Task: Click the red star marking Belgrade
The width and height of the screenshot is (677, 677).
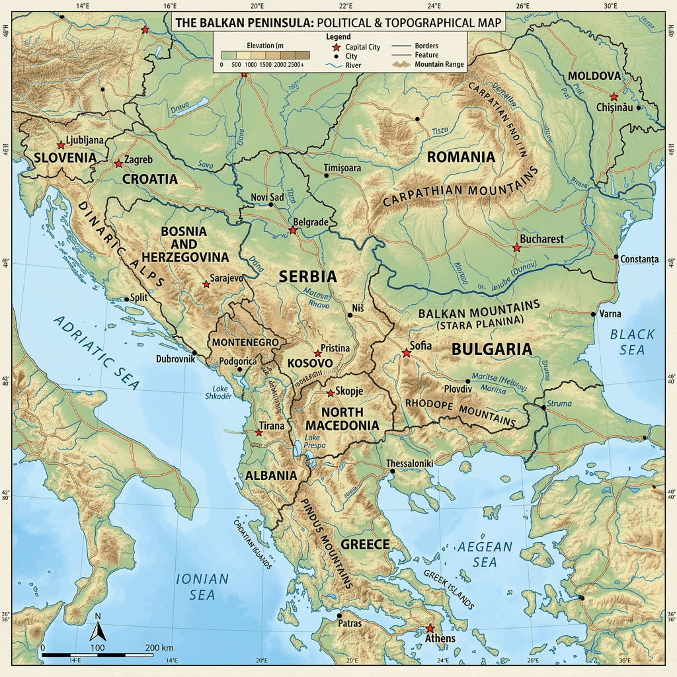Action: coord(293,231)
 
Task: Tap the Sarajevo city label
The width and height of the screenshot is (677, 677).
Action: coord(226,278)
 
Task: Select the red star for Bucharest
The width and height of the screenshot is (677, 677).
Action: coord(517,247)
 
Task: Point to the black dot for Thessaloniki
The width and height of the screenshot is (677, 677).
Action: coord(392,471)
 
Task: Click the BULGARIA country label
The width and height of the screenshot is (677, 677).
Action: coord(491,349)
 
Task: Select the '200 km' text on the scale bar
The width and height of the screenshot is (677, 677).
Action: coord(159,647)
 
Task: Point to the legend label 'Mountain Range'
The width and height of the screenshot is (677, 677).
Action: coord(439,65)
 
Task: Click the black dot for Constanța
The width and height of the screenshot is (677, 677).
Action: coord(616,257)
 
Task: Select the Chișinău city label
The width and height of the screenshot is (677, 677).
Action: coord(615,107)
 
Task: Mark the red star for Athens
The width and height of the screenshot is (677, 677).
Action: coord(430,628)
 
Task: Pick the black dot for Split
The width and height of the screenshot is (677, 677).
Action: coord(127,299)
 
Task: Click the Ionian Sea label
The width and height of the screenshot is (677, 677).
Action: coord(202,586)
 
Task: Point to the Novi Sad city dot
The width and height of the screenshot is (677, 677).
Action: coord(270,205)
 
